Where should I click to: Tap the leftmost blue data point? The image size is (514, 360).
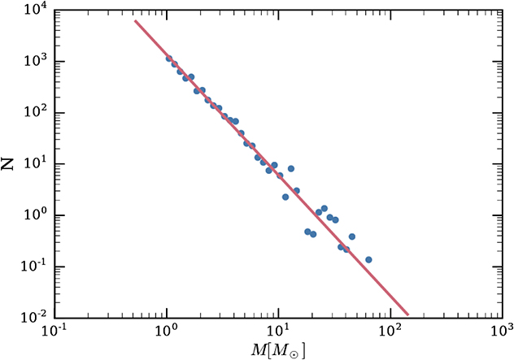168,59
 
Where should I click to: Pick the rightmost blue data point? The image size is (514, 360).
368,260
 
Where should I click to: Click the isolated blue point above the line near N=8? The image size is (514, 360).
291,168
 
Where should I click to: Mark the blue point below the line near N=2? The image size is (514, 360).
285,197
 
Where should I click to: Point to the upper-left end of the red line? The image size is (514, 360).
135,20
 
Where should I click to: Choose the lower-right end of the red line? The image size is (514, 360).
407,314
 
